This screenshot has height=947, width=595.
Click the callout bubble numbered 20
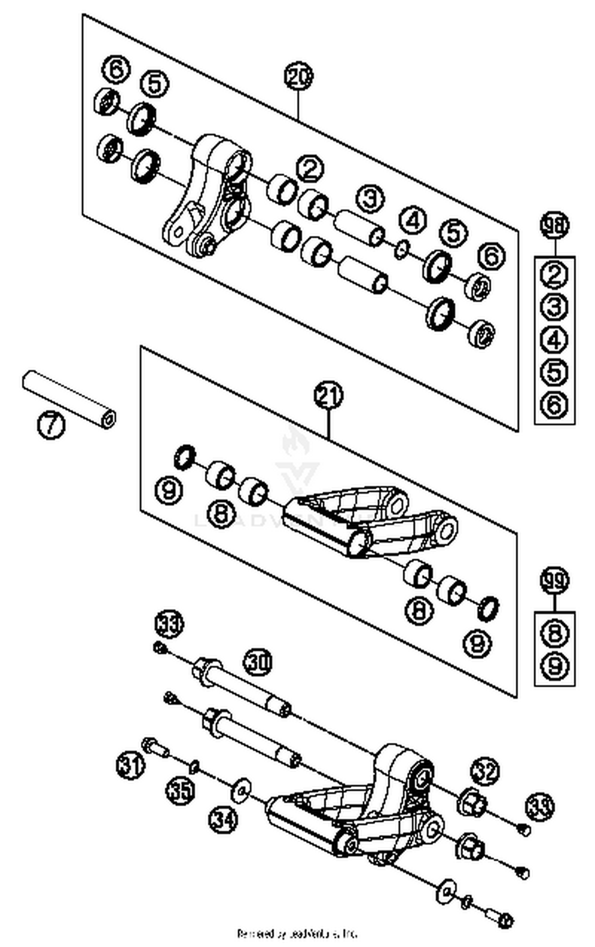298,76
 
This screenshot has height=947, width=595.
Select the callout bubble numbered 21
328,396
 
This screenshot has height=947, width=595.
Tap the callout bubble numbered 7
51,425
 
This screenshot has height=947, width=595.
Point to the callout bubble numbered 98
555,226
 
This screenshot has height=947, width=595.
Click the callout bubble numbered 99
555,580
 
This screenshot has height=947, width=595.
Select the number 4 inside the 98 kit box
555,339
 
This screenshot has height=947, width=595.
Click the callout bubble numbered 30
257,662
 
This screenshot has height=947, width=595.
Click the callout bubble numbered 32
485,771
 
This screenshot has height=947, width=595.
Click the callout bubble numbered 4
413,220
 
